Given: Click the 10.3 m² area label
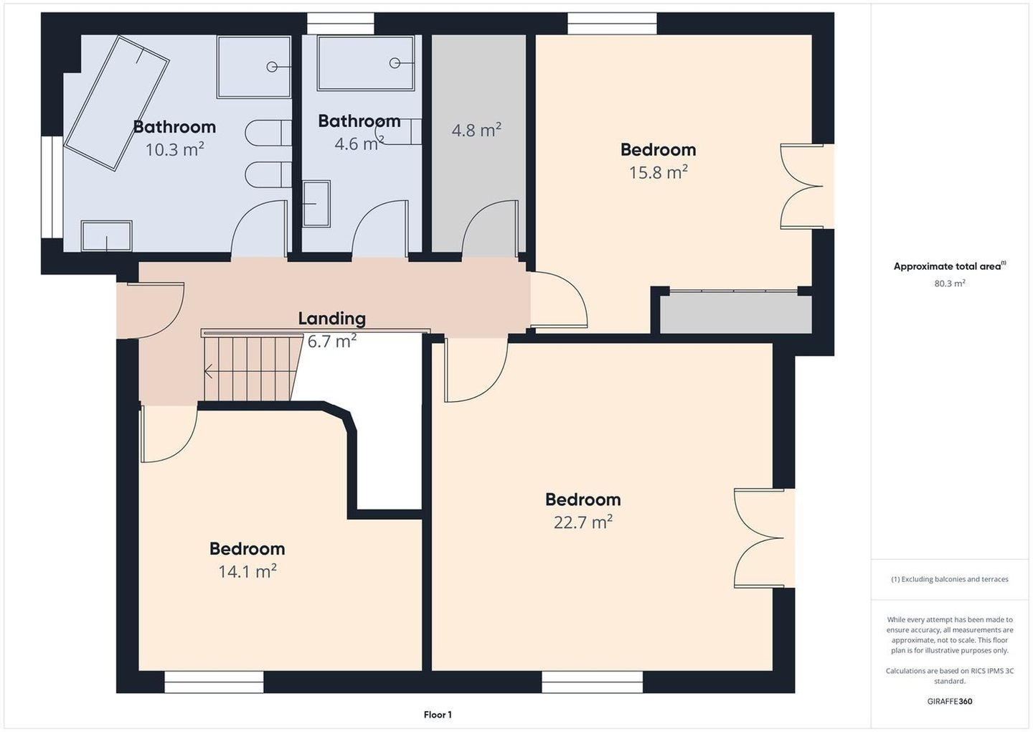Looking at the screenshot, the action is coord(175,149).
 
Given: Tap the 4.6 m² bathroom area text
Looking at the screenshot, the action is coord(359,144).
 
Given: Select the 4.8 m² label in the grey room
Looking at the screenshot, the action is coord(476,130).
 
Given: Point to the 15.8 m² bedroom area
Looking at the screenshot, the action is coord(659,172).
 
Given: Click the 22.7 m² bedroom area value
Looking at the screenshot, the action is coord(583,522).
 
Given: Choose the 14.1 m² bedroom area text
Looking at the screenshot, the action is coord(247,571).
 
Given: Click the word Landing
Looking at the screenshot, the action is coord(332,318).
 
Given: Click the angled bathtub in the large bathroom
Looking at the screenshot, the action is coord(116,103).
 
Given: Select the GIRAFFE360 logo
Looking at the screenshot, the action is coord(950,701).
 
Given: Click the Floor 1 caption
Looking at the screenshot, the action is coord(438,715).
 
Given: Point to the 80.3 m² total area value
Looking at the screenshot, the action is coord(950,283).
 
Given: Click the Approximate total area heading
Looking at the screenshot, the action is coord(950,266).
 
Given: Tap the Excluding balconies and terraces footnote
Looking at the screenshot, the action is coord(950,579).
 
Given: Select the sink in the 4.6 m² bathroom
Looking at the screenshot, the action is coord(316,203).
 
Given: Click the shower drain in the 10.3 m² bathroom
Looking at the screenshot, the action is coord(272,67).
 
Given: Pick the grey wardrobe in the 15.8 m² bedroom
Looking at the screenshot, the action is coord(735,314).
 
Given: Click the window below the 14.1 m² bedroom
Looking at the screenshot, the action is coord(214,682).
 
